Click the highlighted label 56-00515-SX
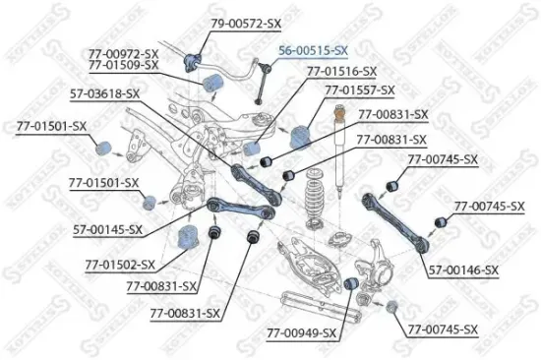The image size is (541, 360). click(x=313, y=47)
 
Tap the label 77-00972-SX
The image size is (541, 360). click(x=123, y=51)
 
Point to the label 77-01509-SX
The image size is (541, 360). click(x=123, y=64)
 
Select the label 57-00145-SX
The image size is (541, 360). click(x=108, y=229)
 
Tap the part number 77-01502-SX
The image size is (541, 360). click(x=120, y=265)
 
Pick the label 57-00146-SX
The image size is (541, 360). click(x=463, y=270)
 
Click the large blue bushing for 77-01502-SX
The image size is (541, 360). click(x=186, y=237)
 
